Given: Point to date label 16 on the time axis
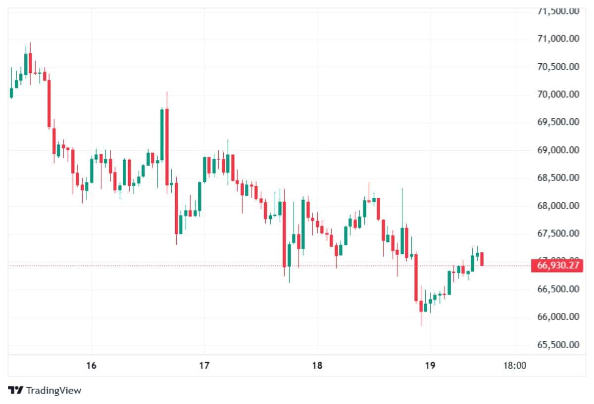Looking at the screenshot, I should (x=91, y=366).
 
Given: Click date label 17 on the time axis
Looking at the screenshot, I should (x=204, y=366).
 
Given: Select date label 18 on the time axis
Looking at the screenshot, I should (x=317, y=366).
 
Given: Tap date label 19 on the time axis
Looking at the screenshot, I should (x=430, y=366).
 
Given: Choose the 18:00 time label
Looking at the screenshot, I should (x=515, y=366).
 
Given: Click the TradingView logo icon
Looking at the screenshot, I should (x=16, y=390).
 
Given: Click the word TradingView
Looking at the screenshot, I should (x=53, y=390).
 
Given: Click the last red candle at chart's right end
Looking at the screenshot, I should (x=482, y=259).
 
